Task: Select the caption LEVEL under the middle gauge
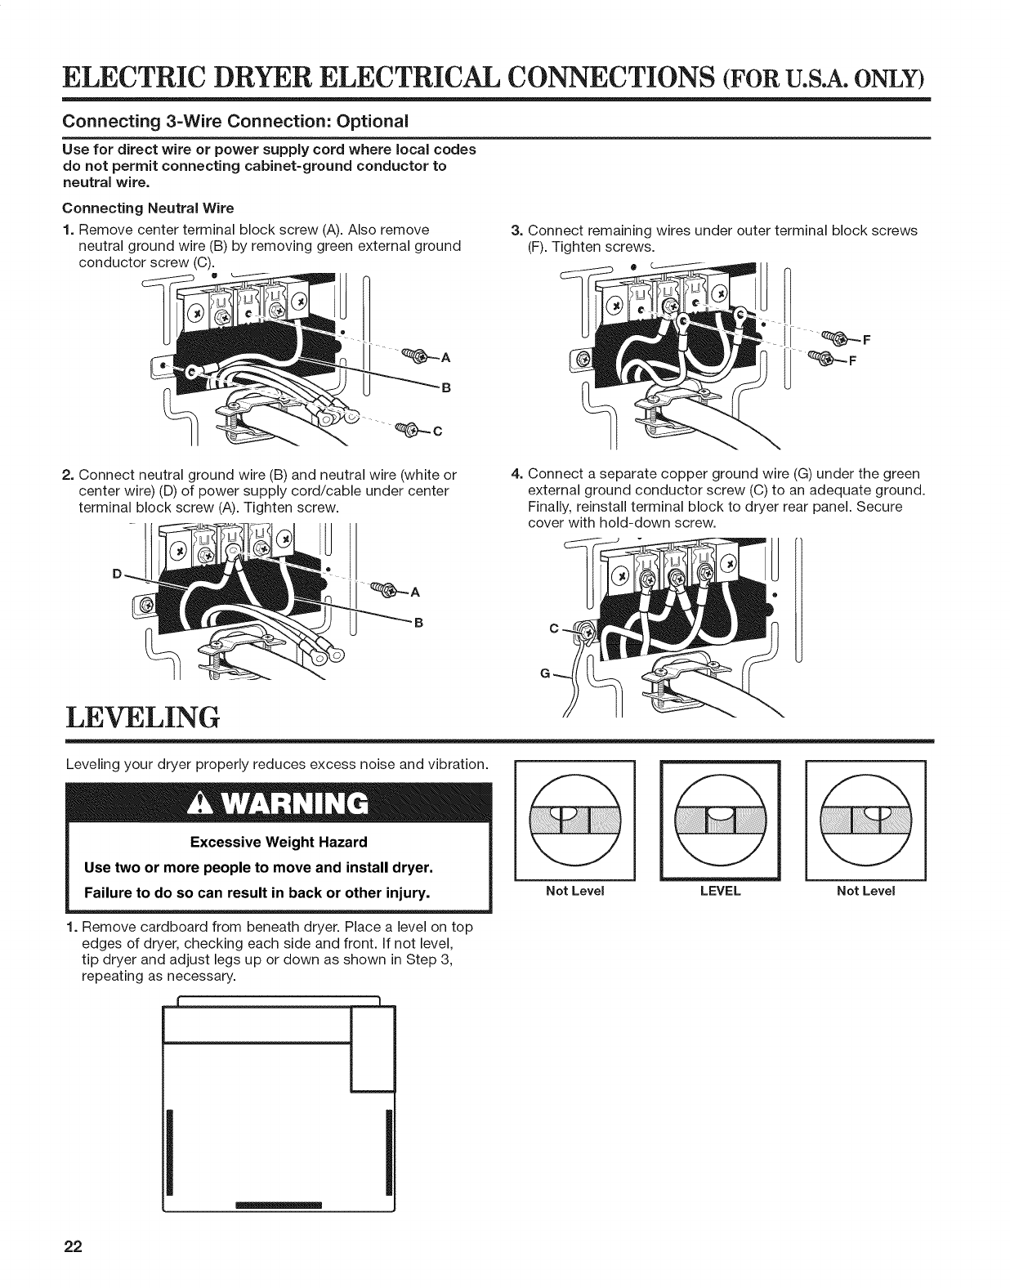[720, 890]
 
